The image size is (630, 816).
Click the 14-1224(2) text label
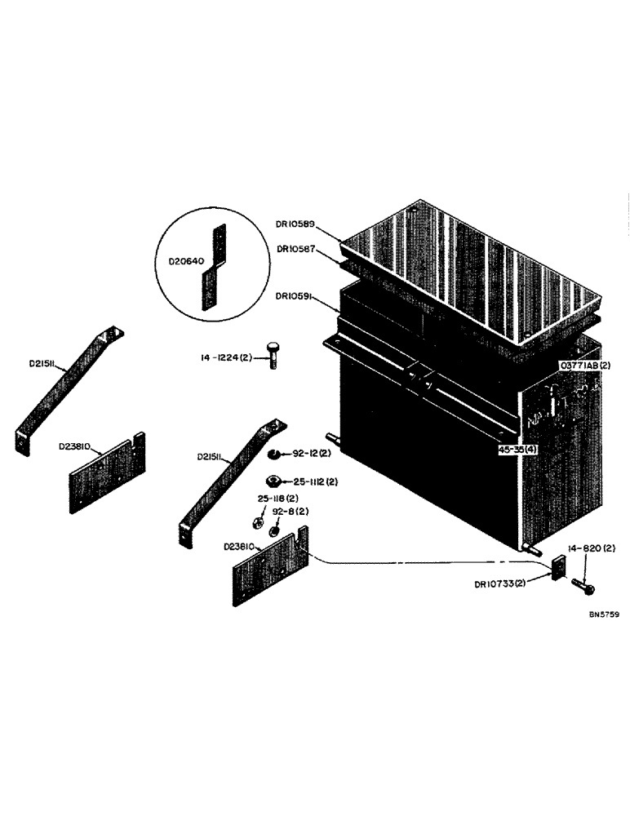pyautogui.click(x=229, y=357)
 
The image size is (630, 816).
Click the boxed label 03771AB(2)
pyautogui.click(x=584, y=366)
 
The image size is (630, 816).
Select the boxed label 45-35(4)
pyautogui.click(x=521, y=449)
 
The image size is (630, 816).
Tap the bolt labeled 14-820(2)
pyautogui.click(x=582, y=584)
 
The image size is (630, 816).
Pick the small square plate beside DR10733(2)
pyautogui.click(x=557, y=567)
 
